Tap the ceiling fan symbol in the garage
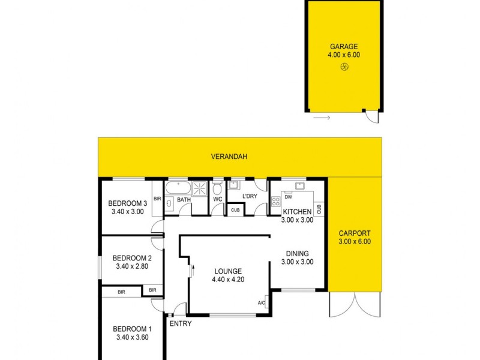tap(344, 68)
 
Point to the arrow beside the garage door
tap(322, 118)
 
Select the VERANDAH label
tap(229, 157)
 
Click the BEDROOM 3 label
tap(127, 202)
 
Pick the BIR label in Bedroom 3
tap(157, 199)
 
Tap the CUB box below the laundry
tap(235, 210)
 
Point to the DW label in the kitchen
tap(289, 197)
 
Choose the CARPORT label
tap(355, 233)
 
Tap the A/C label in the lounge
tap(261, 302)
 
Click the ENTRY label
tap(181, 324)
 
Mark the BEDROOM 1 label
tap(131, 329)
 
